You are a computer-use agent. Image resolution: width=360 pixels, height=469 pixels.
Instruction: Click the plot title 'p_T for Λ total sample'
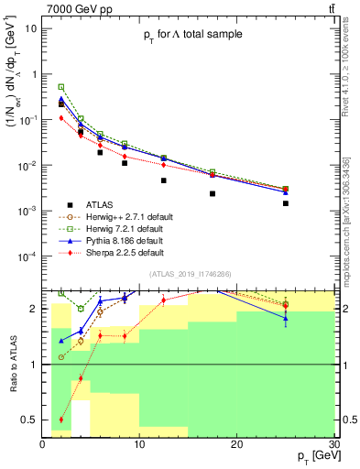click(x=192, y=35)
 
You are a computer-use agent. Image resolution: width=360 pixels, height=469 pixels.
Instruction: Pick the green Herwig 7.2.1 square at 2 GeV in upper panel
click(x=61, y=87)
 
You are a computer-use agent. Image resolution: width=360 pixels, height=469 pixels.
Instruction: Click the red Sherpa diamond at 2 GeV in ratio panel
click(x=61, y=420)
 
